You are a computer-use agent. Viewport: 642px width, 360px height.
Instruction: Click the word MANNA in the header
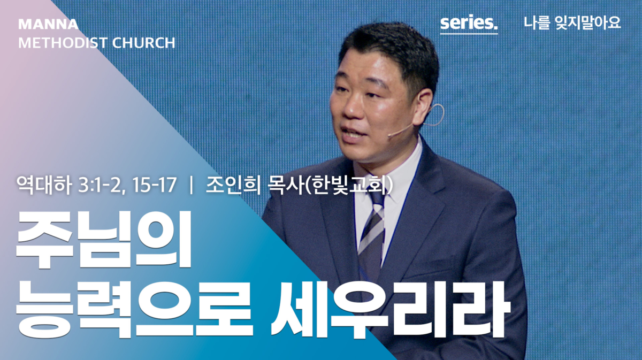click(48, 24)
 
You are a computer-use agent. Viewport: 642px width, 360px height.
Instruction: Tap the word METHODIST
click(63, 43)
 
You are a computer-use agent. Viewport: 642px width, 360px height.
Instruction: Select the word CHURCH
click(143, 43)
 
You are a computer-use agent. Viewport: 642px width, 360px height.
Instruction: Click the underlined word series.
click(469, 22)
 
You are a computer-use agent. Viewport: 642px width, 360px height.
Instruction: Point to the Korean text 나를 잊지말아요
click(572, 22)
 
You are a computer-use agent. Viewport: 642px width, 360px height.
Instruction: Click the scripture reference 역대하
click(44, 185)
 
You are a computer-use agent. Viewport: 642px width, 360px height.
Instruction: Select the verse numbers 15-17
click(155, 185)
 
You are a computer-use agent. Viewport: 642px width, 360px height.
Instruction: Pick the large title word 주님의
click(104, 240)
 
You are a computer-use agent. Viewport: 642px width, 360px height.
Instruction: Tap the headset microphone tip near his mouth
click(390, 134)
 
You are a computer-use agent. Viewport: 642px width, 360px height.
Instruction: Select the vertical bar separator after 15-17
click(191, 185)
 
